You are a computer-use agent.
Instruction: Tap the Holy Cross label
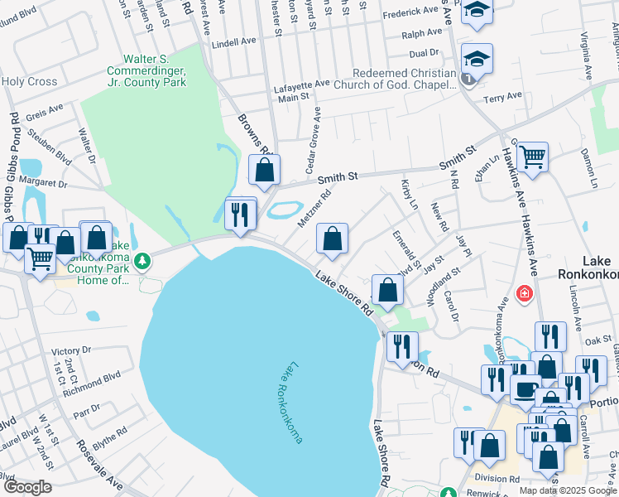29,81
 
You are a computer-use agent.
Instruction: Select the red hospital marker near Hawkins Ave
523,293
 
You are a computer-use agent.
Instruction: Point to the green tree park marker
143,262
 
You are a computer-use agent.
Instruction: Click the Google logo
27,487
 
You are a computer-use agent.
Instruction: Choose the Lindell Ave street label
237,42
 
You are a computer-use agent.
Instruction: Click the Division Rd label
497,477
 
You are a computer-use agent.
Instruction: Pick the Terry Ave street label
503,97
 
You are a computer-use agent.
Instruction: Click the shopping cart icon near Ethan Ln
532,156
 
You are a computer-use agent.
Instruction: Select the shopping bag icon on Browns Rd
265,171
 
